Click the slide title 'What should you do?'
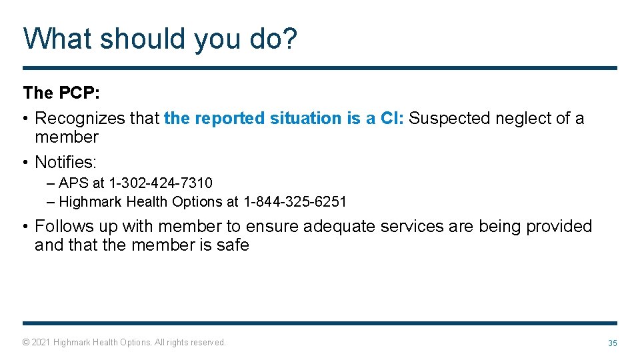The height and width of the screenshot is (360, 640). click(x=160, y=39)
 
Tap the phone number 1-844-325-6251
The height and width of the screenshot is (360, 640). click(x=295, y=201)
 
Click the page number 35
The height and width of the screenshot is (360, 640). click(x=612, y=343)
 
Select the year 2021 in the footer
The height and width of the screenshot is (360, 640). click(x=41, y=343)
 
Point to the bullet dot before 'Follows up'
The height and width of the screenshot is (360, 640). click(x=25, y=227)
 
